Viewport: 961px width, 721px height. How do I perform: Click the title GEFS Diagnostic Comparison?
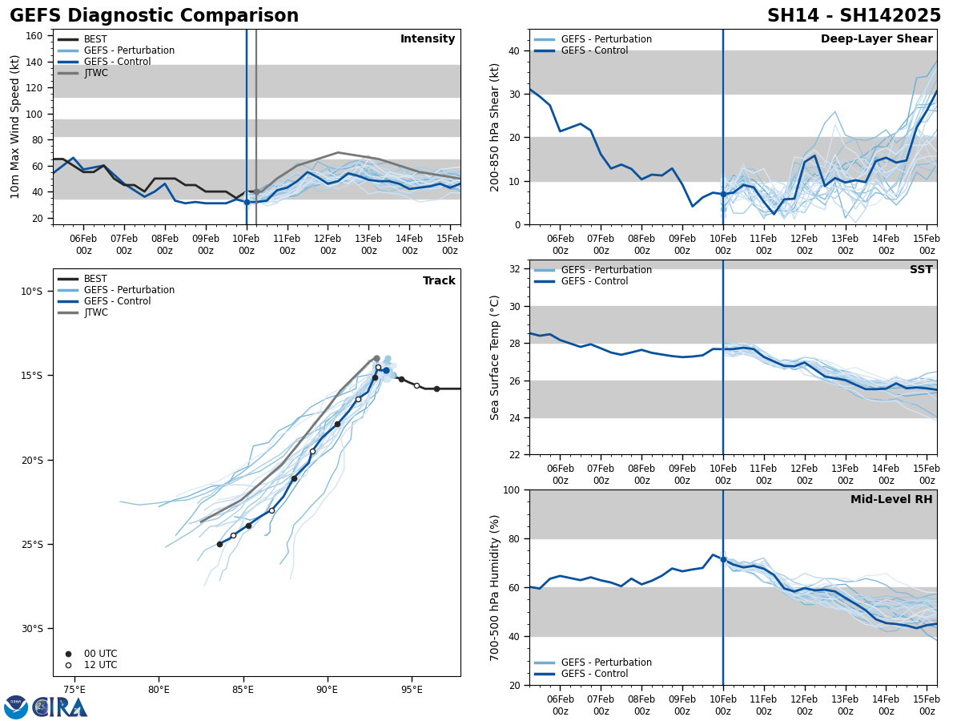(154, 16)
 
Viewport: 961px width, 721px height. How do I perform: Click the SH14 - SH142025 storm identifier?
(854, 16)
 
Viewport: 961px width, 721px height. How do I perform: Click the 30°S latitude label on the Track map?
(31, 628)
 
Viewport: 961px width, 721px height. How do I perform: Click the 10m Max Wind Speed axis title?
(16, 127)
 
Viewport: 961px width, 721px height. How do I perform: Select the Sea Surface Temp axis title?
(495, 356)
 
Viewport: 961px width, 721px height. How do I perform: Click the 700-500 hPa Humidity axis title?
(495, 587)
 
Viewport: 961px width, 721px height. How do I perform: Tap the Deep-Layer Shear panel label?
(876, 39)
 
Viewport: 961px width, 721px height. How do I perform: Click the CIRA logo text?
(60, 707)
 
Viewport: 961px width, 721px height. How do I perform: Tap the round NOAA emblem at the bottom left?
(16, 707)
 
